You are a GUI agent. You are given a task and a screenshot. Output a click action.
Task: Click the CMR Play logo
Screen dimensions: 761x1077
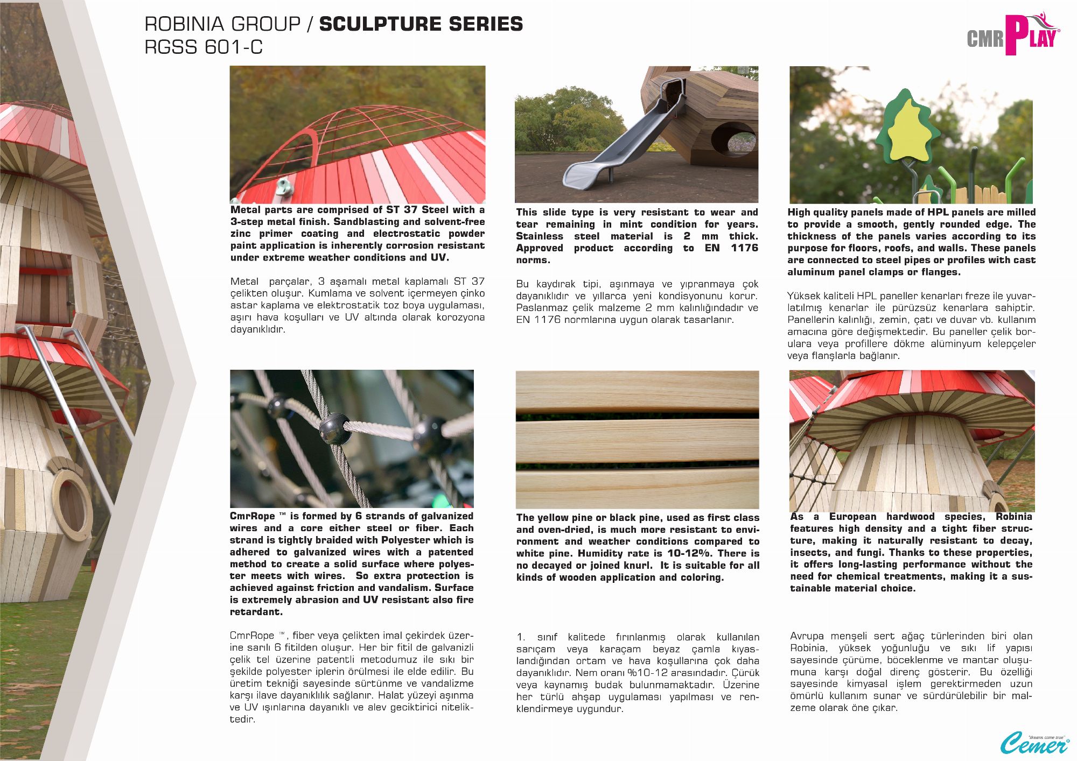[1012, 36]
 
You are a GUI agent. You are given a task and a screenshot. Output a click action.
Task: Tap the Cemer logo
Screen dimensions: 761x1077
[1034, 743]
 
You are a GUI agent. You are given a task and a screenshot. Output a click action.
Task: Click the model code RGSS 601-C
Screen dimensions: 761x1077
[204, 47]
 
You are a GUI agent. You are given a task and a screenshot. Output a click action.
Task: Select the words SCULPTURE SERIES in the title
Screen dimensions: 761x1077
[421, 24]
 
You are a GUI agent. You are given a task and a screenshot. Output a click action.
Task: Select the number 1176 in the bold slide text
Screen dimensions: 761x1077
[744, 248]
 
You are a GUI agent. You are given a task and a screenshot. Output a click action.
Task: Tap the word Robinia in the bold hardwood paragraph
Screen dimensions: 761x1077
[1013, 517]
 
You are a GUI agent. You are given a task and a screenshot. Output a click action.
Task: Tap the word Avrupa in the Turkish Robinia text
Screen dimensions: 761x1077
[807, 636]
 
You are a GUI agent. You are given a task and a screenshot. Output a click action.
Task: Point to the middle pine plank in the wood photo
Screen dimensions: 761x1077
[637, 440]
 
